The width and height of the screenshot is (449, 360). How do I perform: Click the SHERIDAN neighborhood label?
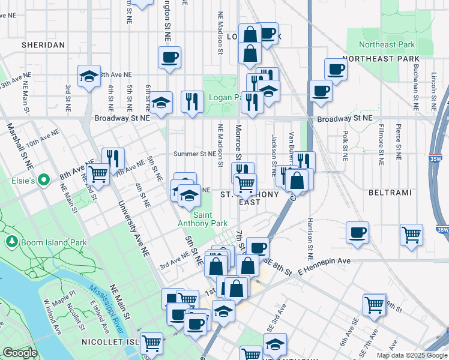43,45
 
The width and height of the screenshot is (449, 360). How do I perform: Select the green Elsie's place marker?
43,179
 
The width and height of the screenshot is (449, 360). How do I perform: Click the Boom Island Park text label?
43,242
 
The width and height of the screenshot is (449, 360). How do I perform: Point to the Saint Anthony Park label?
202,219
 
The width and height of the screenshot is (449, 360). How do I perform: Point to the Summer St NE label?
194,154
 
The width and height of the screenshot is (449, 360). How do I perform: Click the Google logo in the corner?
20,353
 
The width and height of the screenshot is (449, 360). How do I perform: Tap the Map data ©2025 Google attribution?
412,355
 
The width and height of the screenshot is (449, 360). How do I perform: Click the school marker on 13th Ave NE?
89,77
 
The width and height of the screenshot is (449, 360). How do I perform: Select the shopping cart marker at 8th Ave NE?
98,175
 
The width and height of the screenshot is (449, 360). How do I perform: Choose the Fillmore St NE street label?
381,148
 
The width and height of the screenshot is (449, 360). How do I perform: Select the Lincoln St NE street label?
433,93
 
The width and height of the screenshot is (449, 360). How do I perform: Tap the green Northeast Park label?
387,44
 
